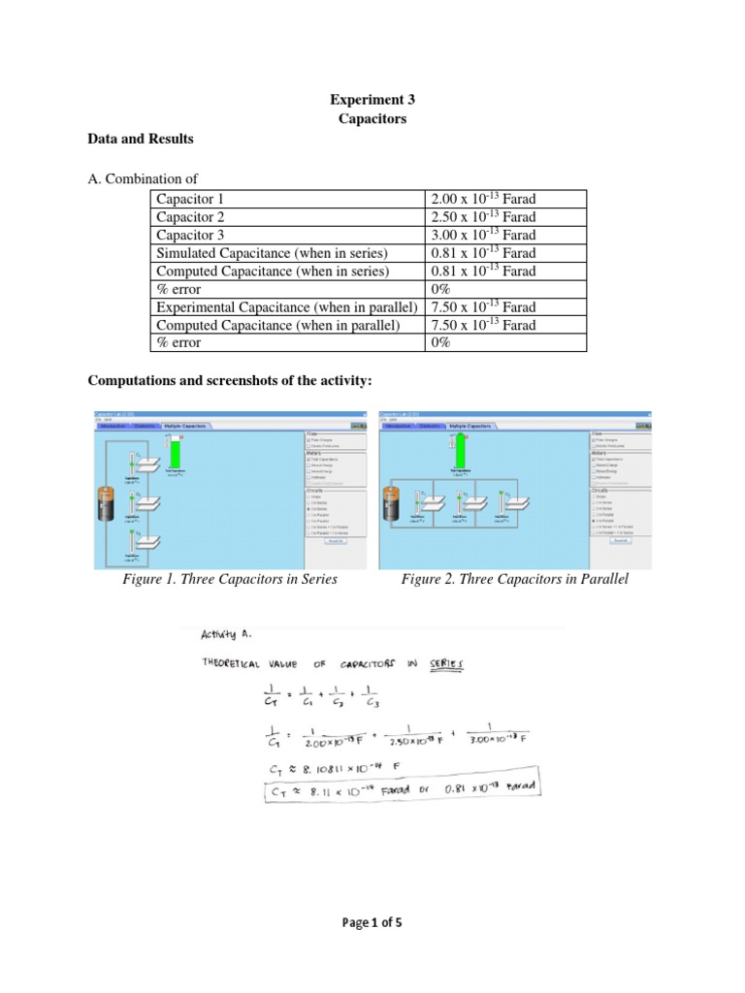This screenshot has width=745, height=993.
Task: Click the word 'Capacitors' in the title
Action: pos(372,119)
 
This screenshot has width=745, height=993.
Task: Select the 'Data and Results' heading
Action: pos(141,139)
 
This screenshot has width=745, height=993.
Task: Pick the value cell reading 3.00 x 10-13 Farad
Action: pos(482,235)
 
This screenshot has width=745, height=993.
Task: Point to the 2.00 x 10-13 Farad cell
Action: pos(482,199)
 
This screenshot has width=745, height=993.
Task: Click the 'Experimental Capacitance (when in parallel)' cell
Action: pos(287,306)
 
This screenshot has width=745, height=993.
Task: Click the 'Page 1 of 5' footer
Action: pos(372,924)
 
